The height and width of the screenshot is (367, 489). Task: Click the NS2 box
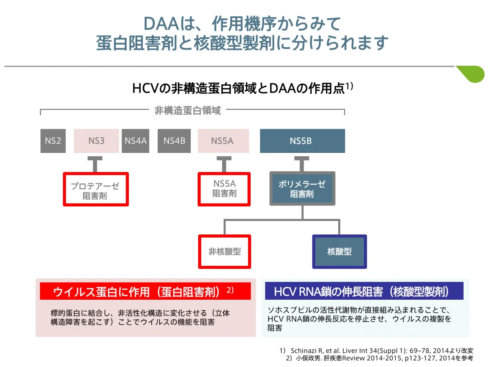click(53, 141)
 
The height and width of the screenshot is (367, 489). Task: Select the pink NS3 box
click(96, 141)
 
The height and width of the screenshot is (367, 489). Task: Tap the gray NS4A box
click(135, 141)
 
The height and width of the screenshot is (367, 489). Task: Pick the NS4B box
click(174, 141)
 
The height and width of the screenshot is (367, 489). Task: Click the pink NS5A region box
click(223, 141)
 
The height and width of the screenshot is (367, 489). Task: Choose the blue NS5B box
click(302, 141)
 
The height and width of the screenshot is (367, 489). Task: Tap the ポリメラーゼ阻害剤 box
click(302, 188)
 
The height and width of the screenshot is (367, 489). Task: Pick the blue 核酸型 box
click(339, 251)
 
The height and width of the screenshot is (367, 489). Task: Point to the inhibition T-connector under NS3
click(95, 164)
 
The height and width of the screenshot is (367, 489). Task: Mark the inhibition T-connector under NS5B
click(302, 164)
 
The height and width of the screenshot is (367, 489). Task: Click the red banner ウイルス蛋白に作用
click(145, 291)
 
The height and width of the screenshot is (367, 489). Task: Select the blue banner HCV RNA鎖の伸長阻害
click(364, 291)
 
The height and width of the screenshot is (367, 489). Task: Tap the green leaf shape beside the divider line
click(471, 74)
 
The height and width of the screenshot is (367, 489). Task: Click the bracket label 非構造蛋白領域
click(187, 110)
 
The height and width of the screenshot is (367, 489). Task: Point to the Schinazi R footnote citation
click(377, 351)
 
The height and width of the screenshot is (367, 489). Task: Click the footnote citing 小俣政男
click(380, 358)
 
